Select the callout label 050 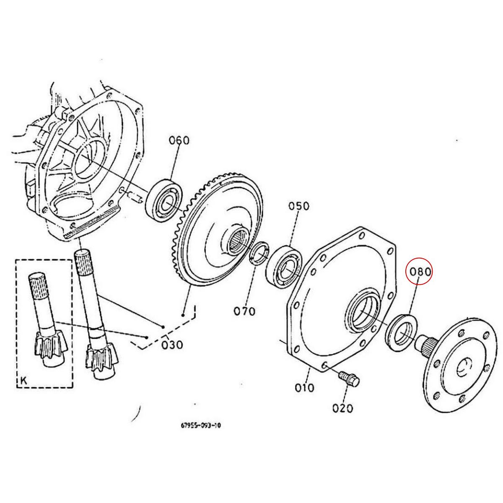[x=298, y=206]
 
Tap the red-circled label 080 [x=420, y=272]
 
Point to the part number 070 [x=244, y=311]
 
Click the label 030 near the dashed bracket [x=172, y=345]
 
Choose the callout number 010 [x=304, y=387]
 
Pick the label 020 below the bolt [x=342, y=408]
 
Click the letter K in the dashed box [x=23, y=381]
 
